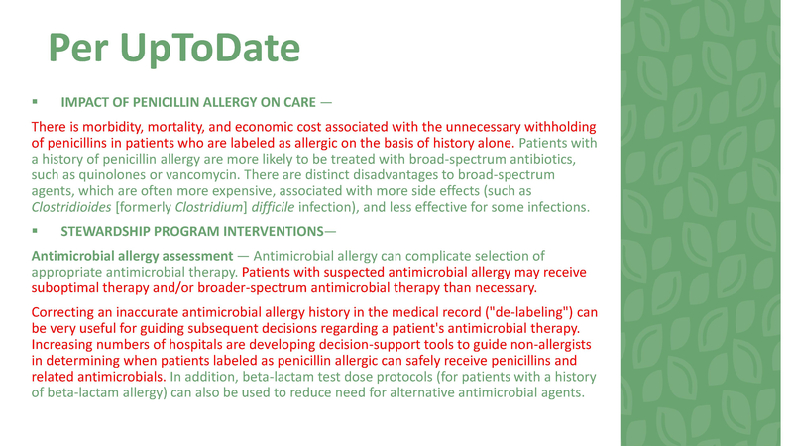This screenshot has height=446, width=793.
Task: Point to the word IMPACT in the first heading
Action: [x=84, y=102]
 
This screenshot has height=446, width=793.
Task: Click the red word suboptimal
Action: [x=69, y=288]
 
